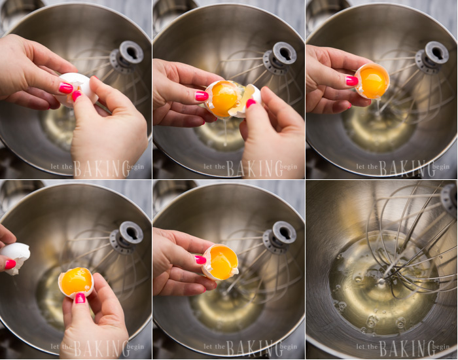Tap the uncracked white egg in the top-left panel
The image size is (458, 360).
click(x=77, y=83)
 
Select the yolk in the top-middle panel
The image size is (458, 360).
click(x=224, y=98)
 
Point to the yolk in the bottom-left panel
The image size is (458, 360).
click(x=76, y=281)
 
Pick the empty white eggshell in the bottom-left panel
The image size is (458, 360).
click(x=16, y=253)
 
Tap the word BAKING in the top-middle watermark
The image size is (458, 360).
click(x=253, y=168)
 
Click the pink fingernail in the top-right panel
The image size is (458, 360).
click(x=352, y=81)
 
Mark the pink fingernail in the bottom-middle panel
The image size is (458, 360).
click(x=200, y=260)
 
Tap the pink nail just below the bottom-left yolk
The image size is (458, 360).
click(x=80, y=298)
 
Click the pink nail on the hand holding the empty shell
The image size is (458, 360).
click(x=10, y=264)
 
